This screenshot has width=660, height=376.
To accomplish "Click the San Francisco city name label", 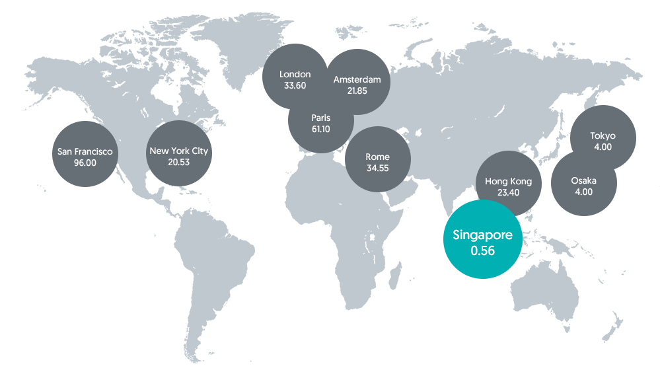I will [85, 151].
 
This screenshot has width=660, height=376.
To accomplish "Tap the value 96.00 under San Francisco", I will [85, 163].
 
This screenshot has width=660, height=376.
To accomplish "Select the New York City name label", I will [178, 151].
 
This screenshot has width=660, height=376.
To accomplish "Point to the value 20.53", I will [178, 162].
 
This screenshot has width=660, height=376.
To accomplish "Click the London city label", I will [295, 74].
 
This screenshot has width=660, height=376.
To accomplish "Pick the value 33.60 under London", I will [295, 85].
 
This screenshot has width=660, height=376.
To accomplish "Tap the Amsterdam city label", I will [357, 79].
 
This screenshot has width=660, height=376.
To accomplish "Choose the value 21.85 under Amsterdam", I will [357, 91].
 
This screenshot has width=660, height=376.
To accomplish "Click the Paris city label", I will [320, 118].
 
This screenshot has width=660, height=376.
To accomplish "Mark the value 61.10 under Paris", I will [320, 129].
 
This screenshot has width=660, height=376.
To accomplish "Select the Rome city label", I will [377, 157].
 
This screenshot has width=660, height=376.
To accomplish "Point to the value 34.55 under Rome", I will [377, 168].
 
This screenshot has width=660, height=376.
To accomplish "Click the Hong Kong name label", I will [508, 181].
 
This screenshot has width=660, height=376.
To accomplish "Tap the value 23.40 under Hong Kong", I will [508, 192].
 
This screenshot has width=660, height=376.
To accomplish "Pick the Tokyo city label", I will [603, 135].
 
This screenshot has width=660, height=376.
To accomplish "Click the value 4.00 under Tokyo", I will [603, 147].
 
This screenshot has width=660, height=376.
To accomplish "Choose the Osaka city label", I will [583, 180].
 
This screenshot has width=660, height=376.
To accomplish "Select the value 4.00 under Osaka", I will [583, 192].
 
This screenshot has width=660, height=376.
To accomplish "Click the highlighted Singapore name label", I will [482, 235].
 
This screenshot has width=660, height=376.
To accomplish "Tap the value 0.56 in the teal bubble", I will [482, 251].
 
